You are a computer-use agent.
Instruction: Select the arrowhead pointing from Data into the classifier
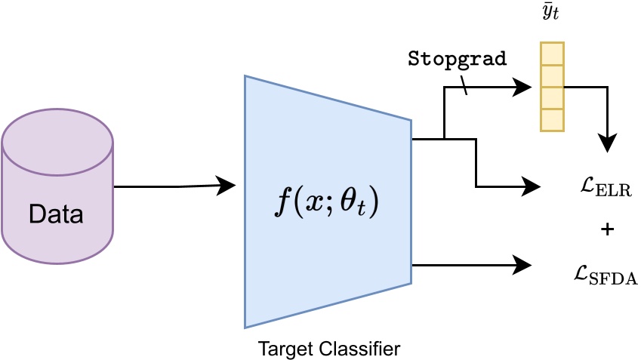click(227, 184)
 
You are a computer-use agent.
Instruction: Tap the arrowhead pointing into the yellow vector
click(524, 87)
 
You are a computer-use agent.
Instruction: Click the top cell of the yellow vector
click(552, 54)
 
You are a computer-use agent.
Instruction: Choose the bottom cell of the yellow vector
click(552, 120)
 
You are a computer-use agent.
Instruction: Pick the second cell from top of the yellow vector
click(552, 76)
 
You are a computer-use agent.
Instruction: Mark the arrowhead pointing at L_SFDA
click(523, 264)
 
